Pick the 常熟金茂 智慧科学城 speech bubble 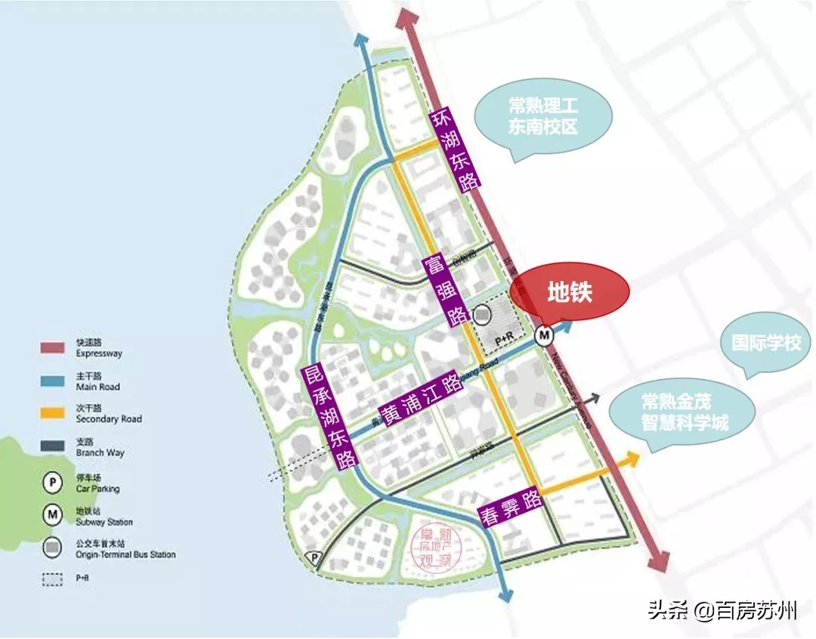tap(675, 412)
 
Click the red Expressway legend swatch tap(56, 347)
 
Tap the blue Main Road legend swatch tap(56, 381)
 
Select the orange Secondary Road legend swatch tap(56, 413)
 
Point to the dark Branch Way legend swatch tap(56, 446)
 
